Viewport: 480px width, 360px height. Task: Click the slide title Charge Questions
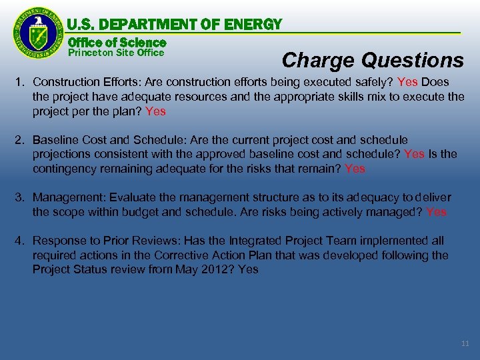[x=373, y=61]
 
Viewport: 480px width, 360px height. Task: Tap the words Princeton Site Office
[x=116, y=53]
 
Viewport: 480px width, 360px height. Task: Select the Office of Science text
[x=117, y=42]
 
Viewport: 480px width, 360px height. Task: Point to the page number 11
[x=465, y=343]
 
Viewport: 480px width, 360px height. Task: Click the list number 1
[x=20, y=82]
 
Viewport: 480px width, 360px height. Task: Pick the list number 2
[x=20, y=140]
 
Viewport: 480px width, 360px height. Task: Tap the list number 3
[x=20, y=197]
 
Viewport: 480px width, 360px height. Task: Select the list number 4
[x=20, y=241]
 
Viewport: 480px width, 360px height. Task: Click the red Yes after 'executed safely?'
[x=407, y=82]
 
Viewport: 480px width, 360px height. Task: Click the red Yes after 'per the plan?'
[x=155, y=111]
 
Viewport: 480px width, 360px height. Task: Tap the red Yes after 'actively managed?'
[x=436, y=212]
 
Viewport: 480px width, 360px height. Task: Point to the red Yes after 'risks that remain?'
[x=355, y=169]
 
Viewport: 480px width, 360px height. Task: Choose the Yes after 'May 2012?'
[x=248, y=270]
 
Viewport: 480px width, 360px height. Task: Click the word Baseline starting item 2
[x=55, y=140]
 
